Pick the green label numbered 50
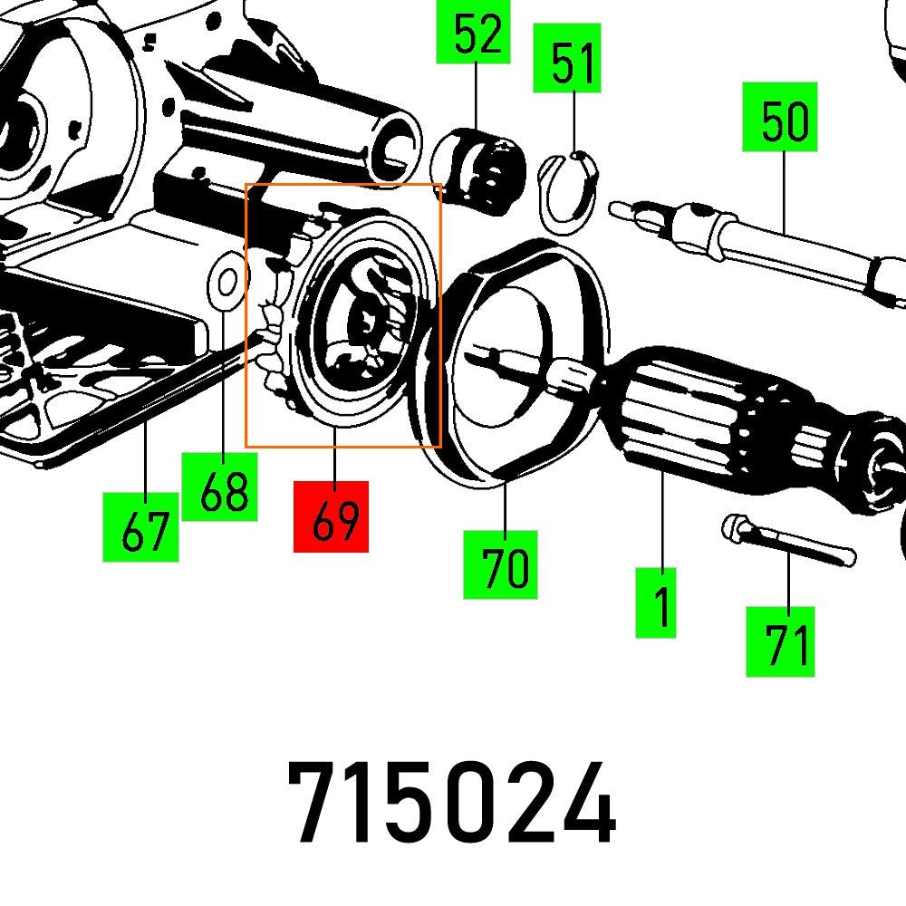pos(781,117)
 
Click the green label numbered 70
pos(500,564)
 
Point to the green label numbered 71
pos(780,641)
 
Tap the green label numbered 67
pos(140,526)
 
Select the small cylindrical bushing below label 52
pos(480,169)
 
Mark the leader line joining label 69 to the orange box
pos(334,464)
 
